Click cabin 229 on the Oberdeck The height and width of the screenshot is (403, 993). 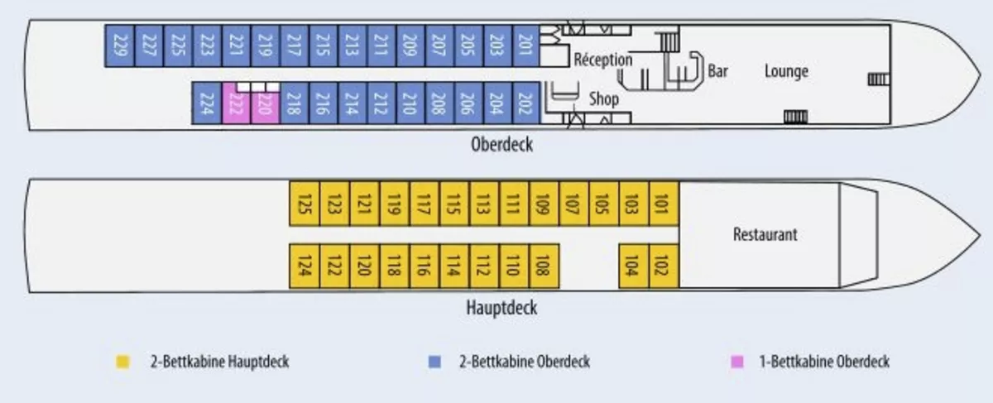[x=120, y=46]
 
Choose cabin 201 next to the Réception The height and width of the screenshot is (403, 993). [x=526, y=46]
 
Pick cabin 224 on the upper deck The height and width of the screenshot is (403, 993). [x=207, y=103]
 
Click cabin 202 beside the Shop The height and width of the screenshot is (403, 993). [x=526, y=103]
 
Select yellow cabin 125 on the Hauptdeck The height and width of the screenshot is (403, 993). [x=305, y=204]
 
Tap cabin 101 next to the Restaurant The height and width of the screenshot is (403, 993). [x=664, y=204]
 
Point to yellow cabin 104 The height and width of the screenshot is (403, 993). [x=634, y=266]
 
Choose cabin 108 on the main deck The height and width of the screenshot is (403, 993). [x=544, y=266]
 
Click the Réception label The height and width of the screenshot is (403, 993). [x=603, y=60]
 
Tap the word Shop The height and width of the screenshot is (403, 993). [x=604, y=98]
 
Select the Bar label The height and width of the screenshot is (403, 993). [x=717, y=71]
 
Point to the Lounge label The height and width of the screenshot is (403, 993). [x=786, y=71]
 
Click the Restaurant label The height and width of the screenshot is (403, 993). [x=765, y=234]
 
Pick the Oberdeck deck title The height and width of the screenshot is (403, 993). [x=501, y=145]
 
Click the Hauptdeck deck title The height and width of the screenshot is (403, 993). [x=501, y=308]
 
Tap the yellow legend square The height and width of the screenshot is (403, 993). [x=122, y=362]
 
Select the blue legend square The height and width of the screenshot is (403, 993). [x=434, y=362]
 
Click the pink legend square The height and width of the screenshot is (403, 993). [x=736, y=362]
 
